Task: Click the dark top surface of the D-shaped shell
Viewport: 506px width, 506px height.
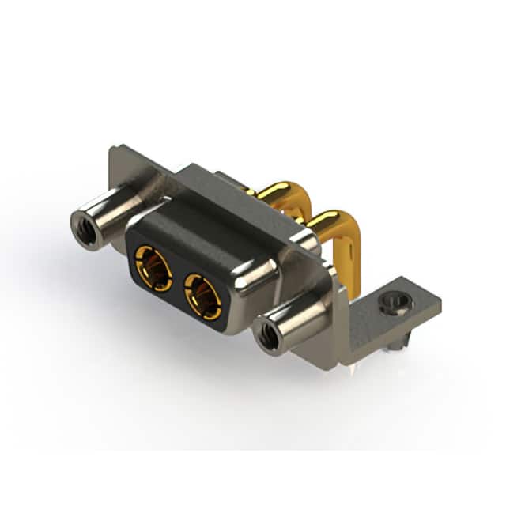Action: (206, 229)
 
